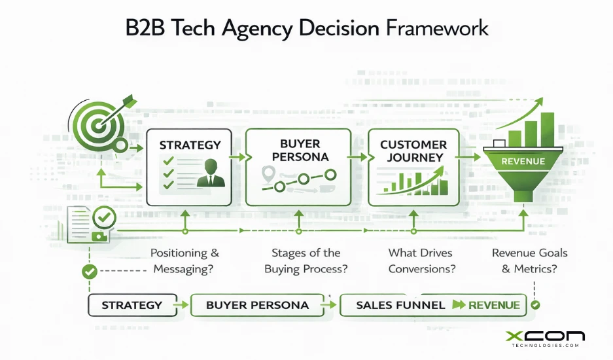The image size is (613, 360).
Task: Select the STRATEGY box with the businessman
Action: click(x=189, y=167)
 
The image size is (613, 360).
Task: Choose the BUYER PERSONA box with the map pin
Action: click(x=298, y=167)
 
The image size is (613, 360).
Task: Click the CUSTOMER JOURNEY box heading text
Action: click(x=413, y=151)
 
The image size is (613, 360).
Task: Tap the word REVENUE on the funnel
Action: click(x=523, y=161)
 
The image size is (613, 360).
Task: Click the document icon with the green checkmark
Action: click(x=88, y=223)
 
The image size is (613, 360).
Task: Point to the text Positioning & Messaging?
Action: click(x=185, y=261)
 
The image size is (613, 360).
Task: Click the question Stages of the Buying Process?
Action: click(x=306, y=261)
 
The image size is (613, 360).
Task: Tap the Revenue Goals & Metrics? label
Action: click(x=529, y=261)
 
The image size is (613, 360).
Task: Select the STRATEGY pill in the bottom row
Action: click(x=132, y=305)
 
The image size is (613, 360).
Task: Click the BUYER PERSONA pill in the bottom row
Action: click(x=257, y=305)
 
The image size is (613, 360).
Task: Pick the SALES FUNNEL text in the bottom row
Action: click(x=400, y=305)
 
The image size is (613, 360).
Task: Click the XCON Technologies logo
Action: click(x=545, y=339)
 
